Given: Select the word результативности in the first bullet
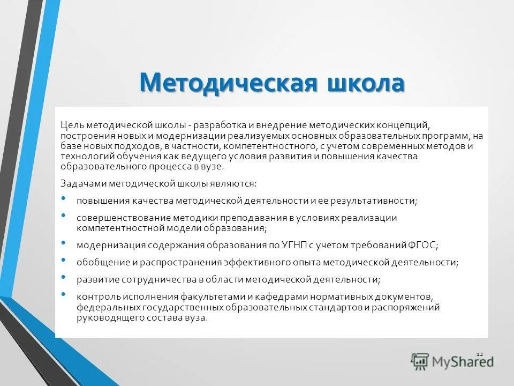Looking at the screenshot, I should [x=371, y=201].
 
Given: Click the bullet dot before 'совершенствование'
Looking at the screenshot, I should [x=64, y=216].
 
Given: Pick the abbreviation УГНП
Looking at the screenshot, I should [x=289, y=246].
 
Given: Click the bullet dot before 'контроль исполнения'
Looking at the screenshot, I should [x=64, y=294].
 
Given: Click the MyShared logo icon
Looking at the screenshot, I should [x=420, y=362].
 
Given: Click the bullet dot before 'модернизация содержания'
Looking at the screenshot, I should [x=64, y=243].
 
